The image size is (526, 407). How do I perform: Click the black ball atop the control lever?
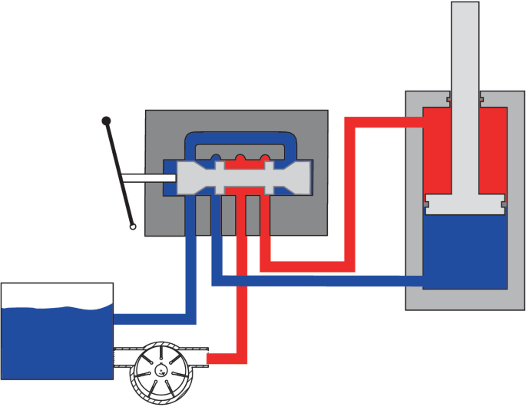(x=107, y=121)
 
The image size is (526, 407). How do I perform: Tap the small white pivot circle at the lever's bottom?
(x=133, y=227)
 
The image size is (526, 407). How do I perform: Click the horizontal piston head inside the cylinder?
(x=465, y=204)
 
